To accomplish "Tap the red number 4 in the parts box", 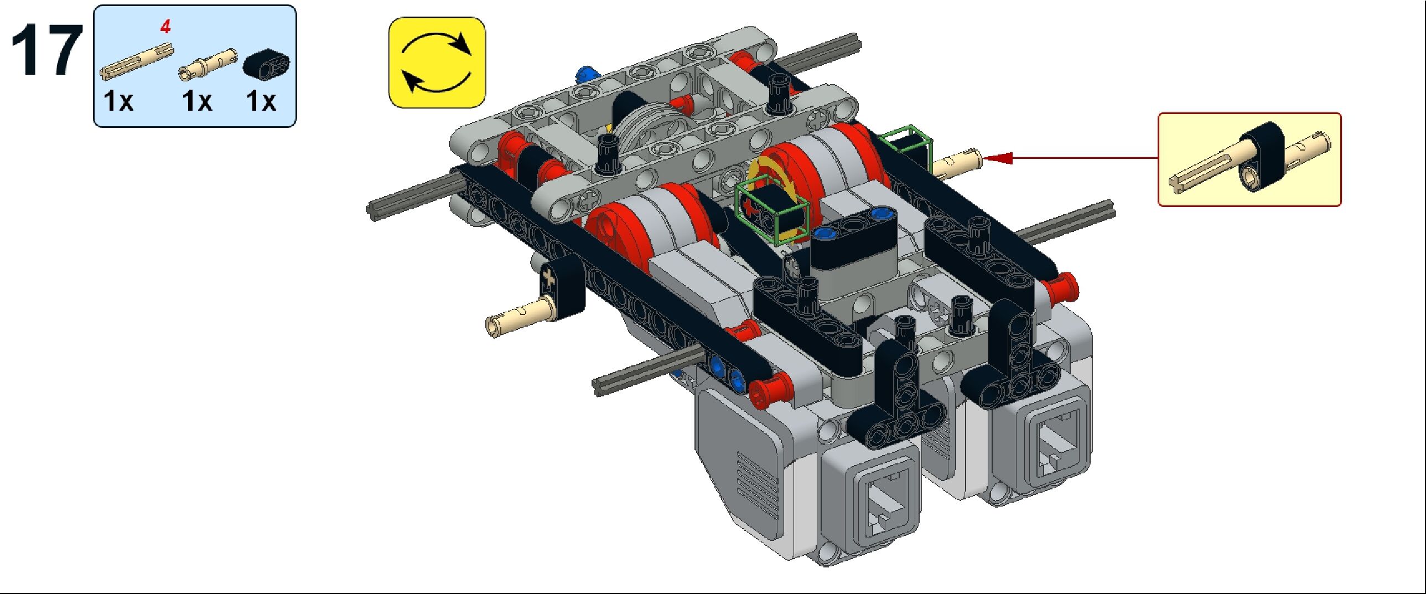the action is click(165, 27).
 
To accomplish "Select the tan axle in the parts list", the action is click(136, 63).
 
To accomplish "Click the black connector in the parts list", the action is click(266, 65).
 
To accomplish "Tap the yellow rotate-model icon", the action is click(437, 63).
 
